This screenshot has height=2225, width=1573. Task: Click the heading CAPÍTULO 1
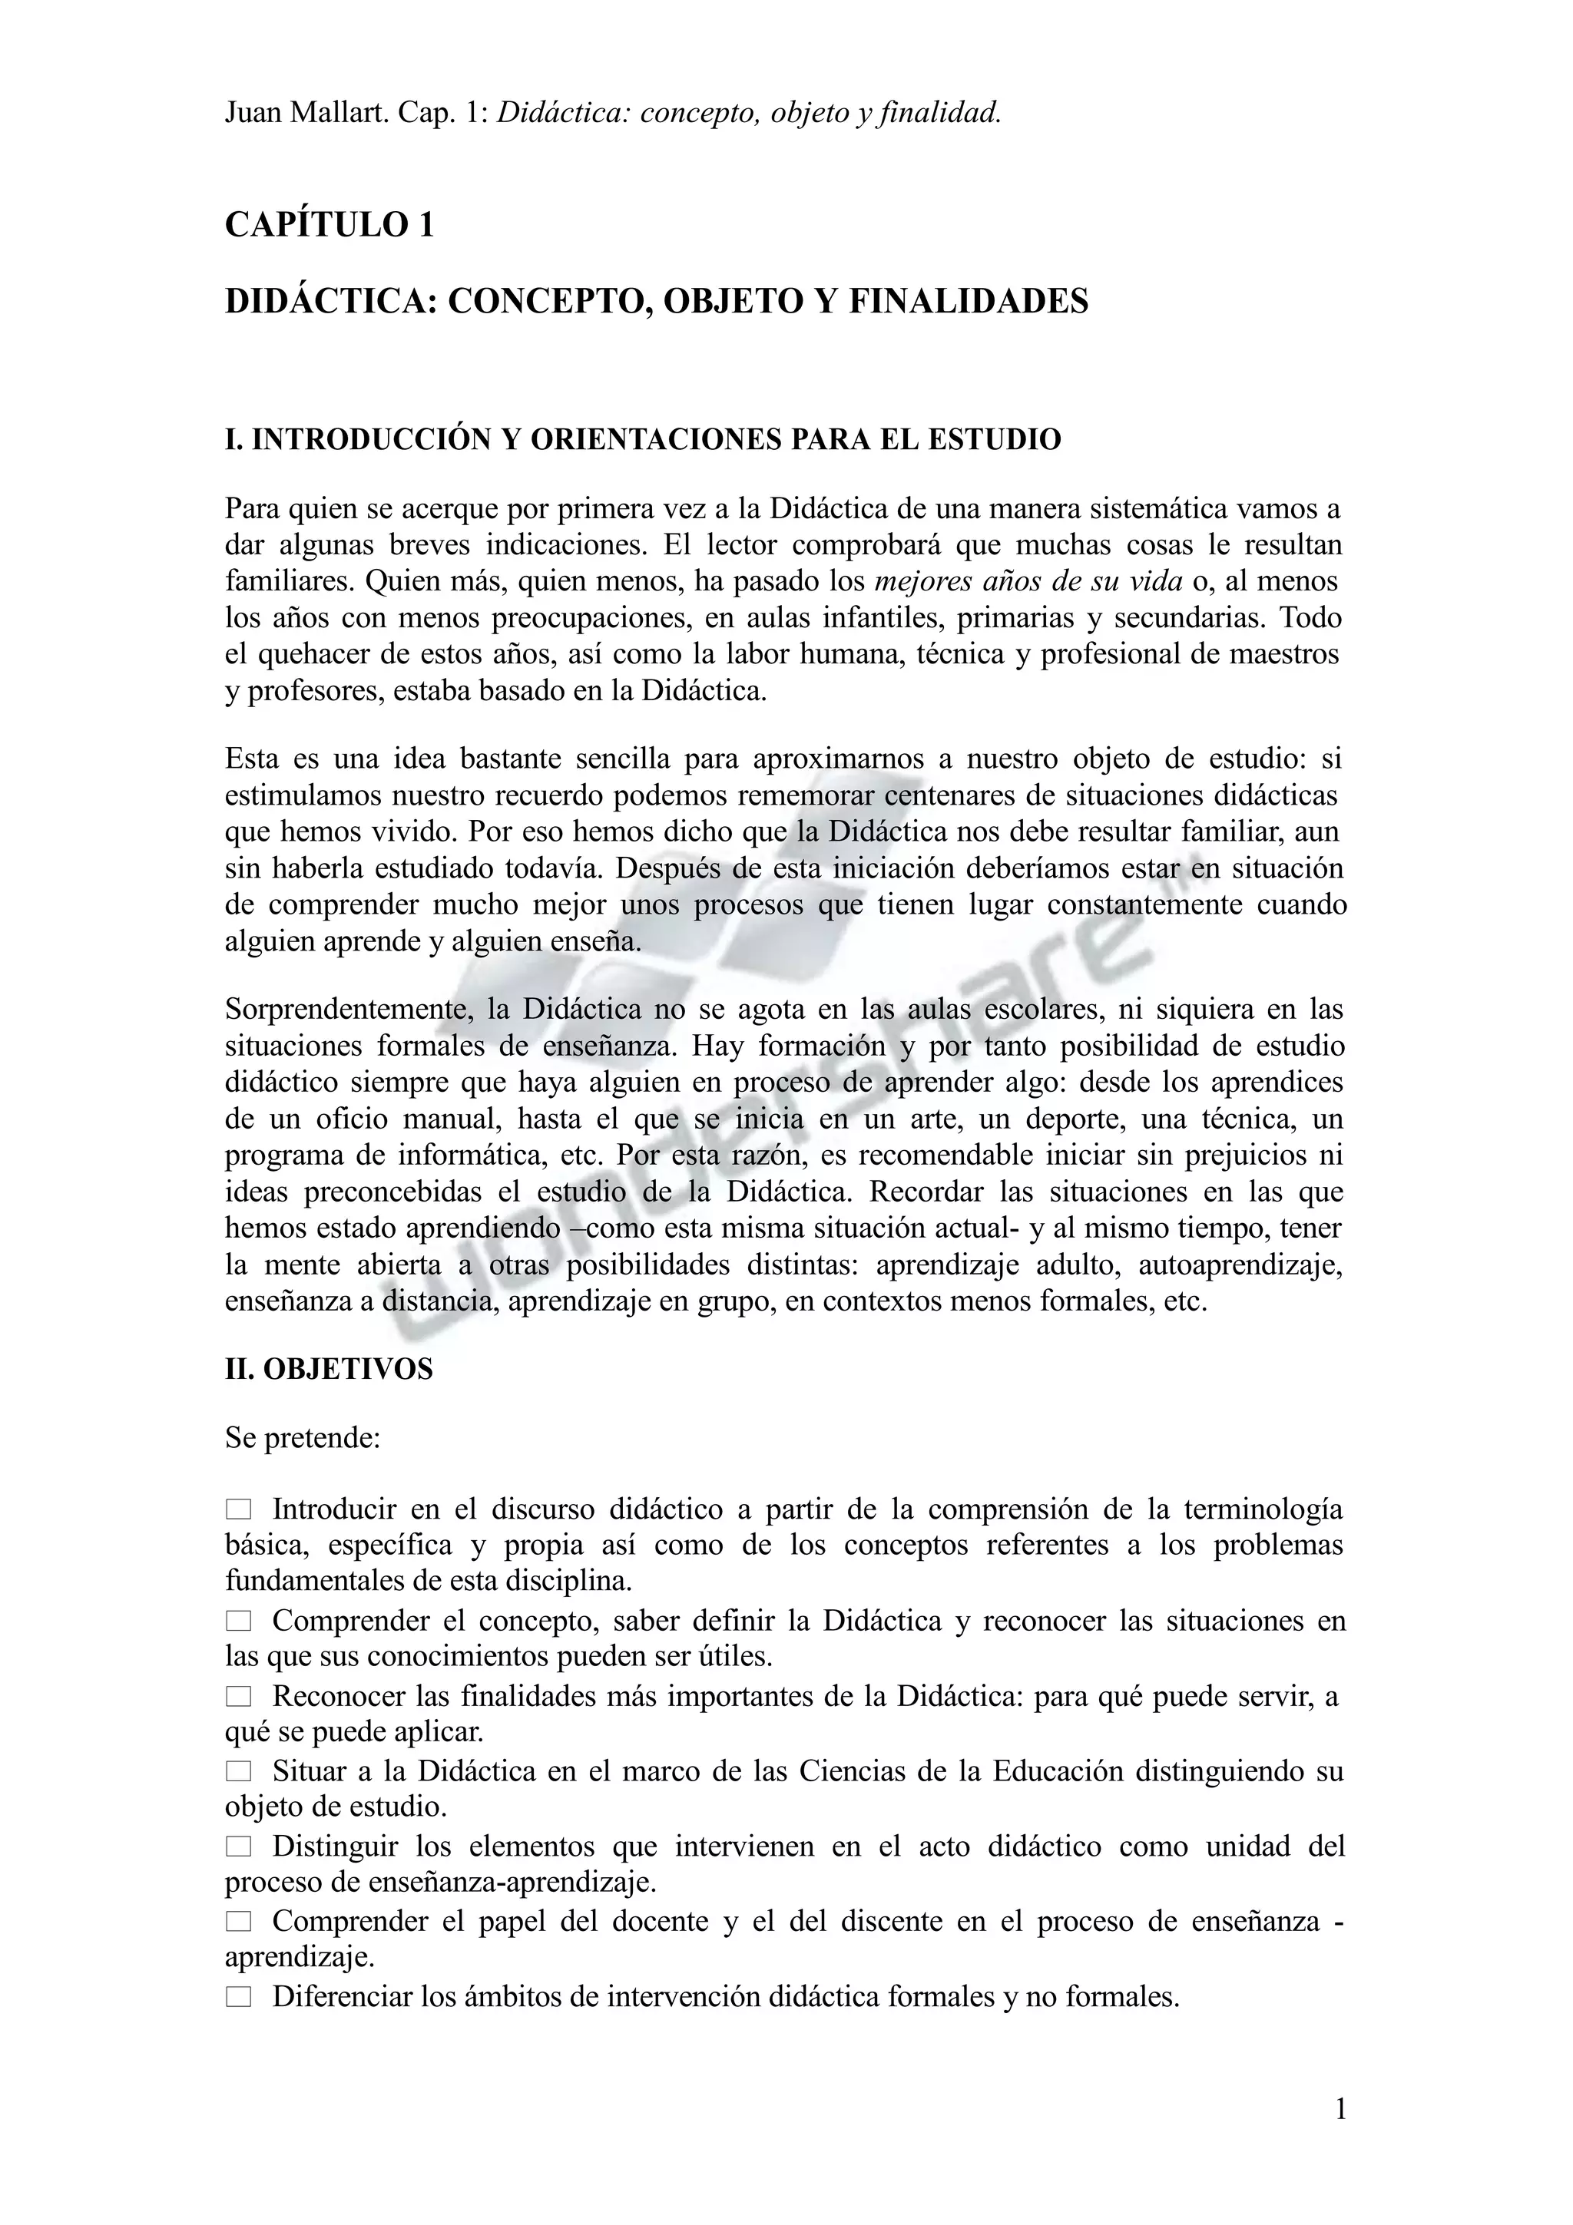click(x=330, y=225)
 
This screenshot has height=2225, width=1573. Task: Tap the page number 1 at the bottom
click(x=1340, y=2109)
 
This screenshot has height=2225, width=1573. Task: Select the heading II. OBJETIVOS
click(x=329, y=1369)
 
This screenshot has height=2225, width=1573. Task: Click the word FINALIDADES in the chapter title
click(x=969, y=302)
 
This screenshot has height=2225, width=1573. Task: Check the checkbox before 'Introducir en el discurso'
click(x=238, y=1509)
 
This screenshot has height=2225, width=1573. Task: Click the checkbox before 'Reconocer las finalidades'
click(x=238, y=1697)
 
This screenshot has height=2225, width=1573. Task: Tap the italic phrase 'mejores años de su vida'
click(x=1028, y=581)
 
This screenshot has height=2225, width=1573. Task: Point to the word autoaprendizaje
click(x=1240, y=1265)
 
